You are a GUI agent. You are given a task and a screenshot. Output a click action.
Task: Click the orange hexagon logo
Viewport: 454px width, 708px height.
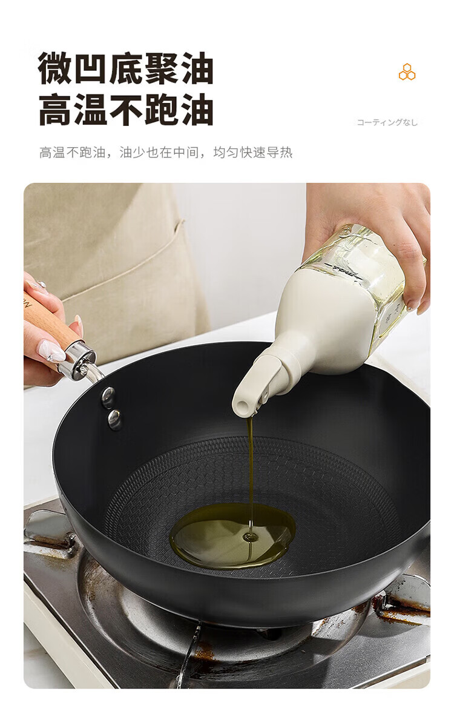click(407, 72)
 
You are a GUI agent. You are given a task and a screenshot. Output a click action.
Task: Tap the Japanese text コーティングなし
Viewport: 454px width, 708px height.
click(387, 122)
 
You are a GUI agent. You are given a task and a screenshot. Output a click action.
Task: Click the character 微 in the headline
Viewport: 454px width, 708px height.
click(56, 68)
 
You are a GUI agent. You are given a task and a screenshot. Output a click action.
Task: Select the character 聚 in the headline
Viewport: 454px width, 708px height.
click(160, 68)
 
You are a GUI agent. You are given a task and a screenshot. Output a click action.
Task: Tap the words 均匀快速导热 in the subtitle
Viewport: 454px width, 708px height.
click(252, 153)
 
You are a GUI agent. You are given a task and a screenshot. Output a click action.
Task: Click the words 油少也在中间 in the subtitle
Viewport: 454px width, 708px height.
click(159, 153)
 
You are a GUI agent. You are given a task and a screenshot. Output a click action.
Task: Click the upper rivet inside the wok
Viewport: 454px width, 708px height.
click(108, 395)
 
